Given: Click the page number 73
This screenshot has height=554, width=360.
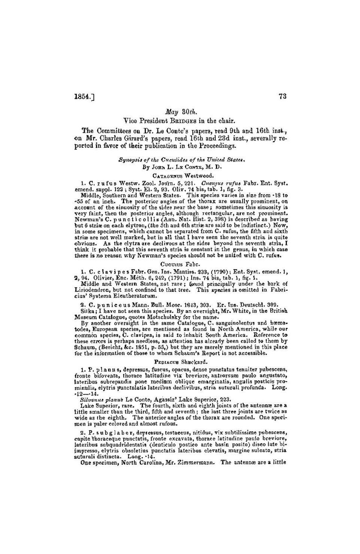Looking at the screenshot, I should tap(282, 96).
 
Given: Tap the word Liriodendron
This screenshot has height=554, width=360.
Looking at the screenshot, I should tap(95, 288).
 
